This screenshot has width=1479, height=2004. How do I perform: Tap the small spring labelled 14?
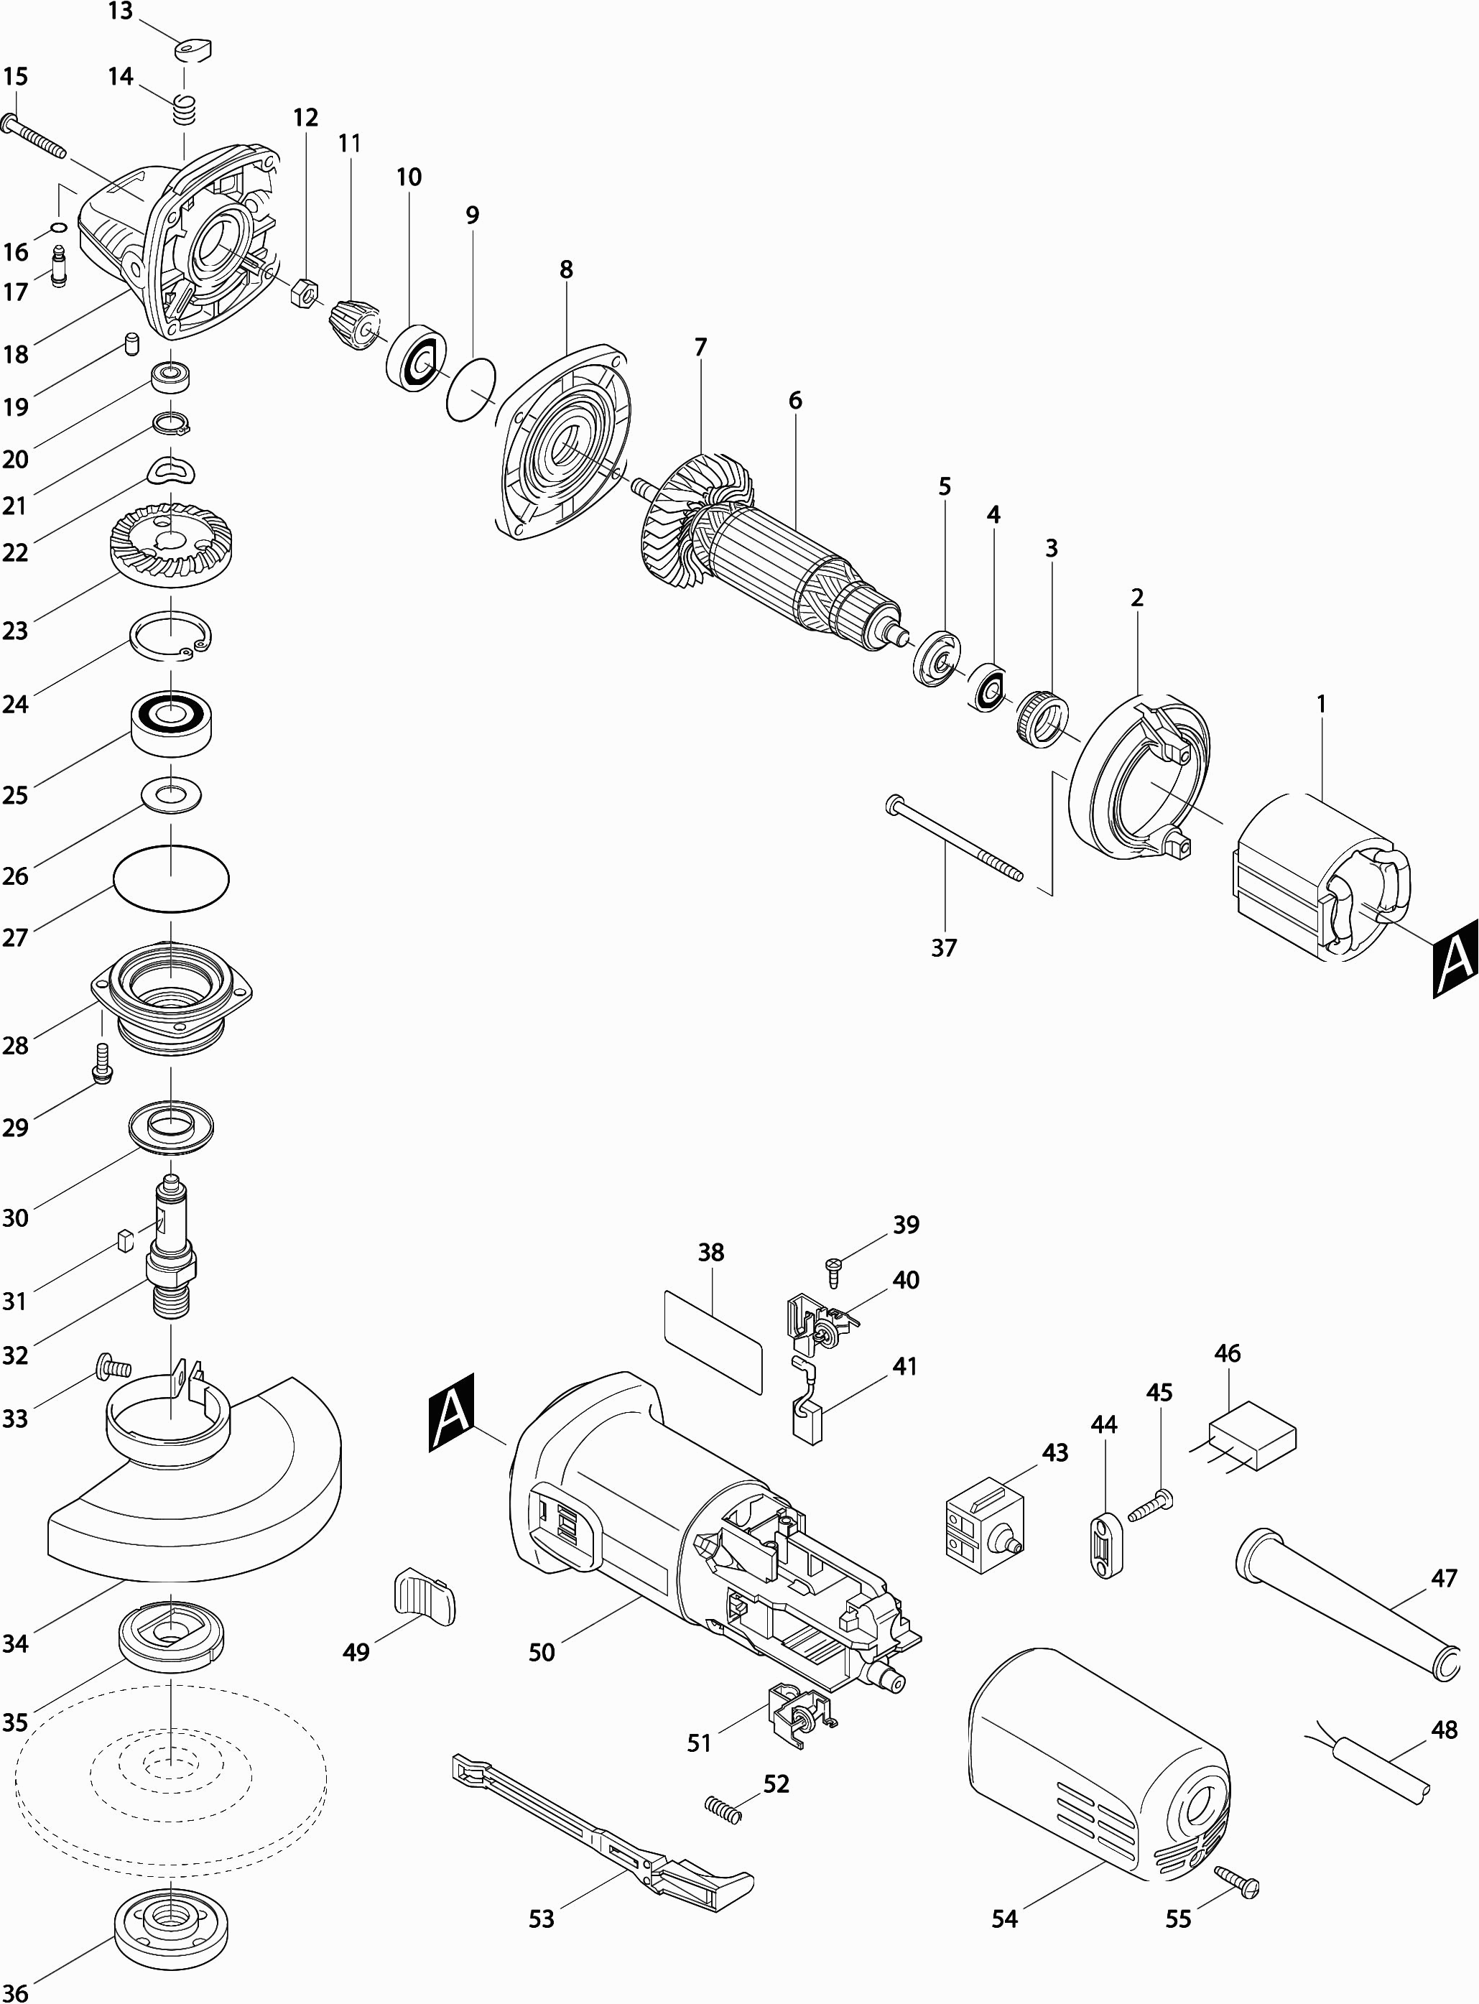coord(184,111)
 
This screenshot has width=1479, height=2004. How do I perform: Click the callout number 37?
coord(944,948)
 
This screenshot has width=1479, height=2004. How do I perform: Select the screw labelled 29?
coord(103,1062)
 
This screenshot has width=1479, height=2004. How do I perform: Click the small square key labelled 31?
coord(125,1240)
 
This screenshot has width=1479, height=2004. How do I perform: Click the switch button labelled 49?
coord(424,1596)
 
